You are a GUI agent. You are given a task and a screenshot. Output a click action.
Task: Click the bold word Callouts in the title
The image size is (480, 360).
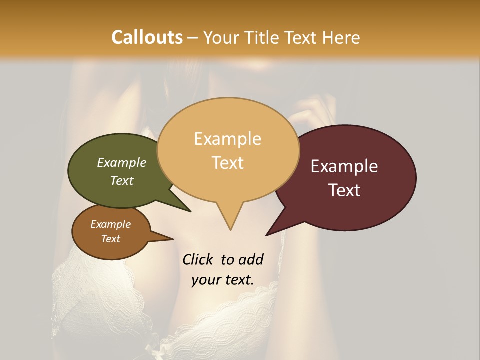pyautogui.click(x=147, y=37)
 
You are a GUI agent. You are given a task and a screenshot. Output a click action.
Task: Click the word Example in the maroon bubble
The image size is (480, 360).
pyautogui.click(x=344, y=166)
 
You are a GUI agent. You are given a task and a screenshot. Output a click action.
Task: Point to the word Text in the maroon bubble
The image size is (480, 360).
pyautogui.click(x=344, y=190)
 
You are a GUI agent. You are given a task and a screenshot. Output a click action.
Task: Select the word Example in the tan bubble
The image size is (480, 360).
pyautogui.click(x=227, y=139)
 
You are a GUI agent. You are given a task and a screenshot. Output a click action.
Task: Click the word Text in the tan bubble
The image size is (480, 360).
pyautogui.click(x=227, y=163)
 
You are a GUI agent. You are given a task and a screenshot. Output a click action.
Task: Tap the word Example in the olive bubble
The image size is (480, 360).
pyautogui.click(x=121, y=162)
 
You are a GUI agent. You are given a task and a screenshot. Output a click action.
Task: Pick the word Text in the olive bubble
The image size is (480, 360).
pyautogui.click(x=121, y=180)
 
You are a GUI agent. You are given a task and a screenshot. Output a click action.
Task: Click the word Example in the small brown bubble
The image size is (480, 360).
pyautogui.click(x=110, y=224)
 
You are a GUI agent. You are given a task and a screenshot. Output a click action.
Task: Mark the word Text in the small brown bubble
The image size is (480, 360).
pyautogui.click(x=110, y=239)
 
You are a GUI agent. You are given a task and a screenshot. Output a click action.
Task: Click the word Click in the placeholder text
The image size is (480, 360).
pyautogui.click(x=198, y=259)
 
